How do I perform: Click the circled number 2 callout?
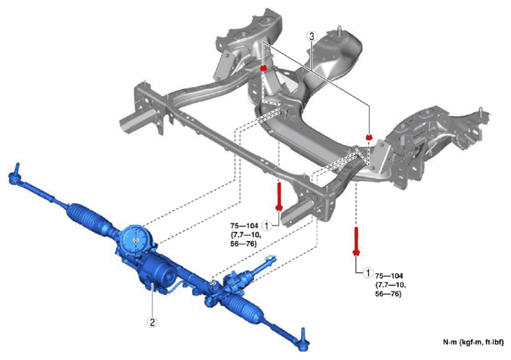pos(152,322)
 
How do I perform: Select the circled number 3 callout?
pos(312,36)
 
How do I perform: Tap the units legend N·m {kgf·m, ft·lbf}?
pos(473,342)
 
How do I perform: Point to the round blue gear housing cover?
pos(135,239)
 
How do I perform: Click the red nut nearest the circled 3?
pos(264,68)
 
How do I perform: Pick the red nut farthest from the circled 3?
pos(369,137)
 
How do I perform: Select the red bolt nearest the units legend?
pos(356,242)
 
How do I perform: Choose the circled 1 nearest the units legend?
pos(368,272)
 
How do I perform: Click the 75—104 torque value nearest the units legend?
pos(388,276)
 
